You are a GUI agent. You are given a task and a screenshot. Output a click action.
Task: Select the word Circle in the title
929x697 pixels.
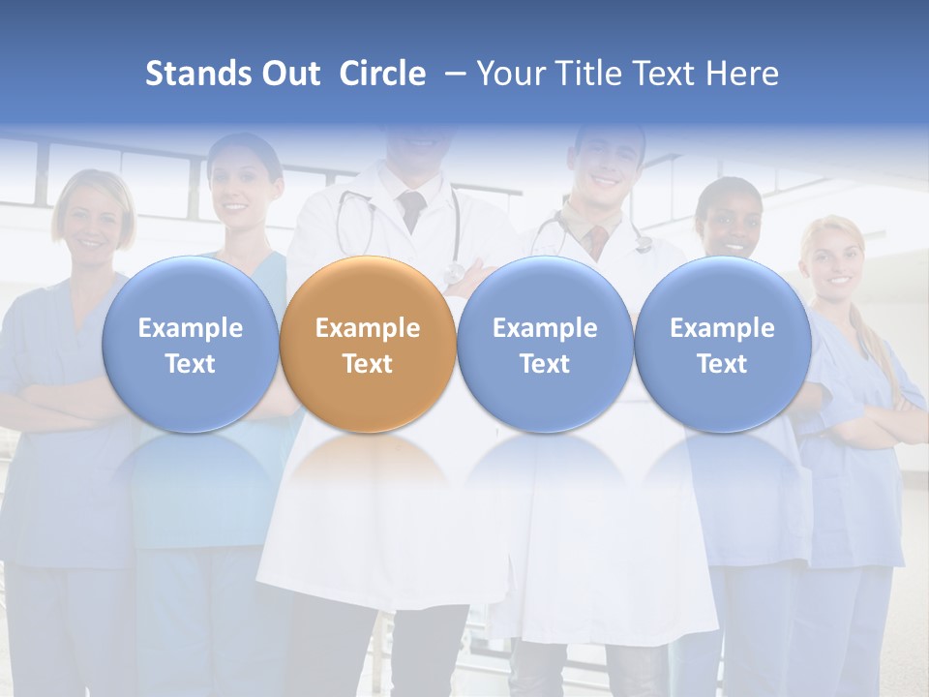tap(382, 74)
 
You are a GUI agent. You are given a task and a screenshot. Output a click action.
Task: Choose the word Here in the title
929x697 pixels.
tap(742, 74)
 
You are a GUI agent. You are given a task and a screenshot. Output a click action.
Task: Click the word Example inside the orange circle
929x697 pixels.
tap(368, 328)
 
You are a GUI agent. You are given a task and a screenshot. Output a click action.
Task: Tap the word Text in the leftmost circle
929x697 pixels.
tap(190, 364)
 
